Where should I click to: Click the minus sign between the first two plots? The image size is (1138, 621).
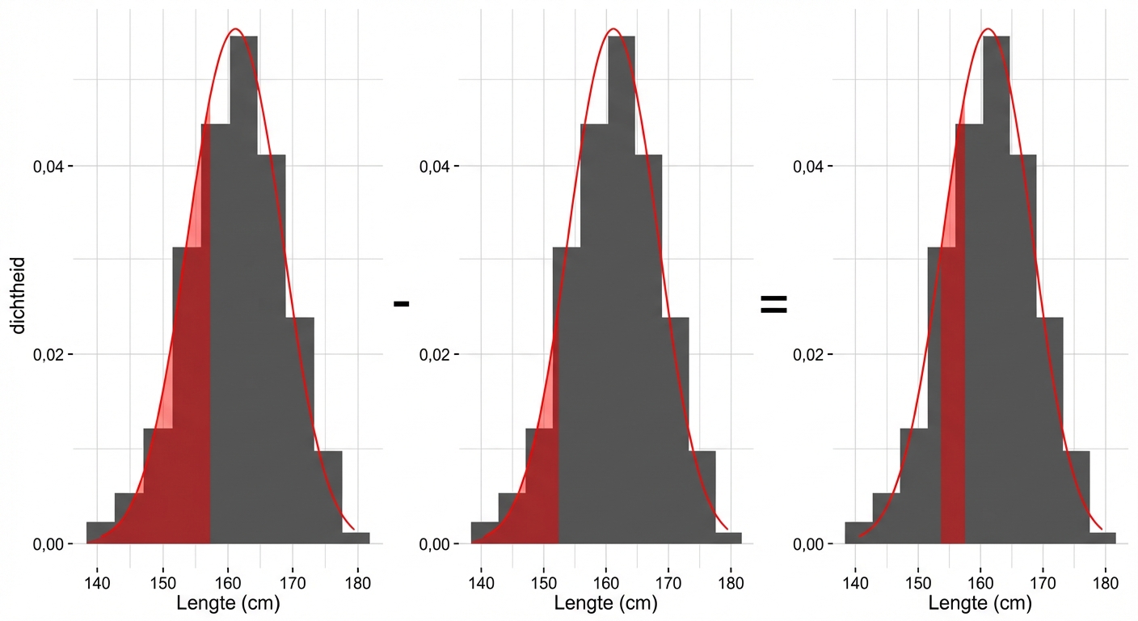[402, 304]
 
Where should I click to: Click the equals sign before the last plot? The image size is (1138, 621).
[773, 304]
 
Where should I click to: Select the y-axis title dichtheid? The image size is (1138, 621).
[19, 295]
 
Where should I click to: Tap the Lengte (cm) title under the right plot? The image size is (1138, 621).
[980, 603]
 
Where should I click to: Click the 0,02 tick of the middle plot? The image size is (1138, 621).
[437, 354]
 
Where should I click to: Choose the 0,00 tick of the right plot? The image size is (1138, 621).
[811, 544]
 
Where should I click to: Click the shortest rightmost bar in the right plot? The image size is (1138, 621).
[1102, 538]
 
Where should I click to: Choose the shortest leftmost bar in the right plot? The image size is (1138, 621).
[858, 533]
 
